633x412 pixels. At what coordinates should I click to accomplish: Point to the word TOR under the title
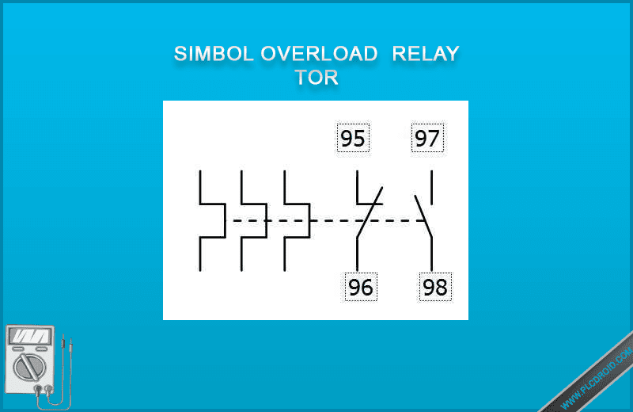pos(316,78)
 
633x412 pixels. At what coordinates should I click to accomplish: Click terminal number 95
pos(353,139)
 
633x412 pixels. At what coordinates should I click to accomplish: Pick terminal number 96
pos(361,286)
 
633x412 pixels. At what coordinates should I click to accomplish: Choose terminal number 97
pos(427,139)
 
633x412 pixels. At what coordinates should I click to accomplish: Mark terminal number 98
pos(435,286)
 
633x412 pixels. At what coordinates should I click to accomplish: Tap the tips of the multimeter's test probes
pos(67,345)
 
